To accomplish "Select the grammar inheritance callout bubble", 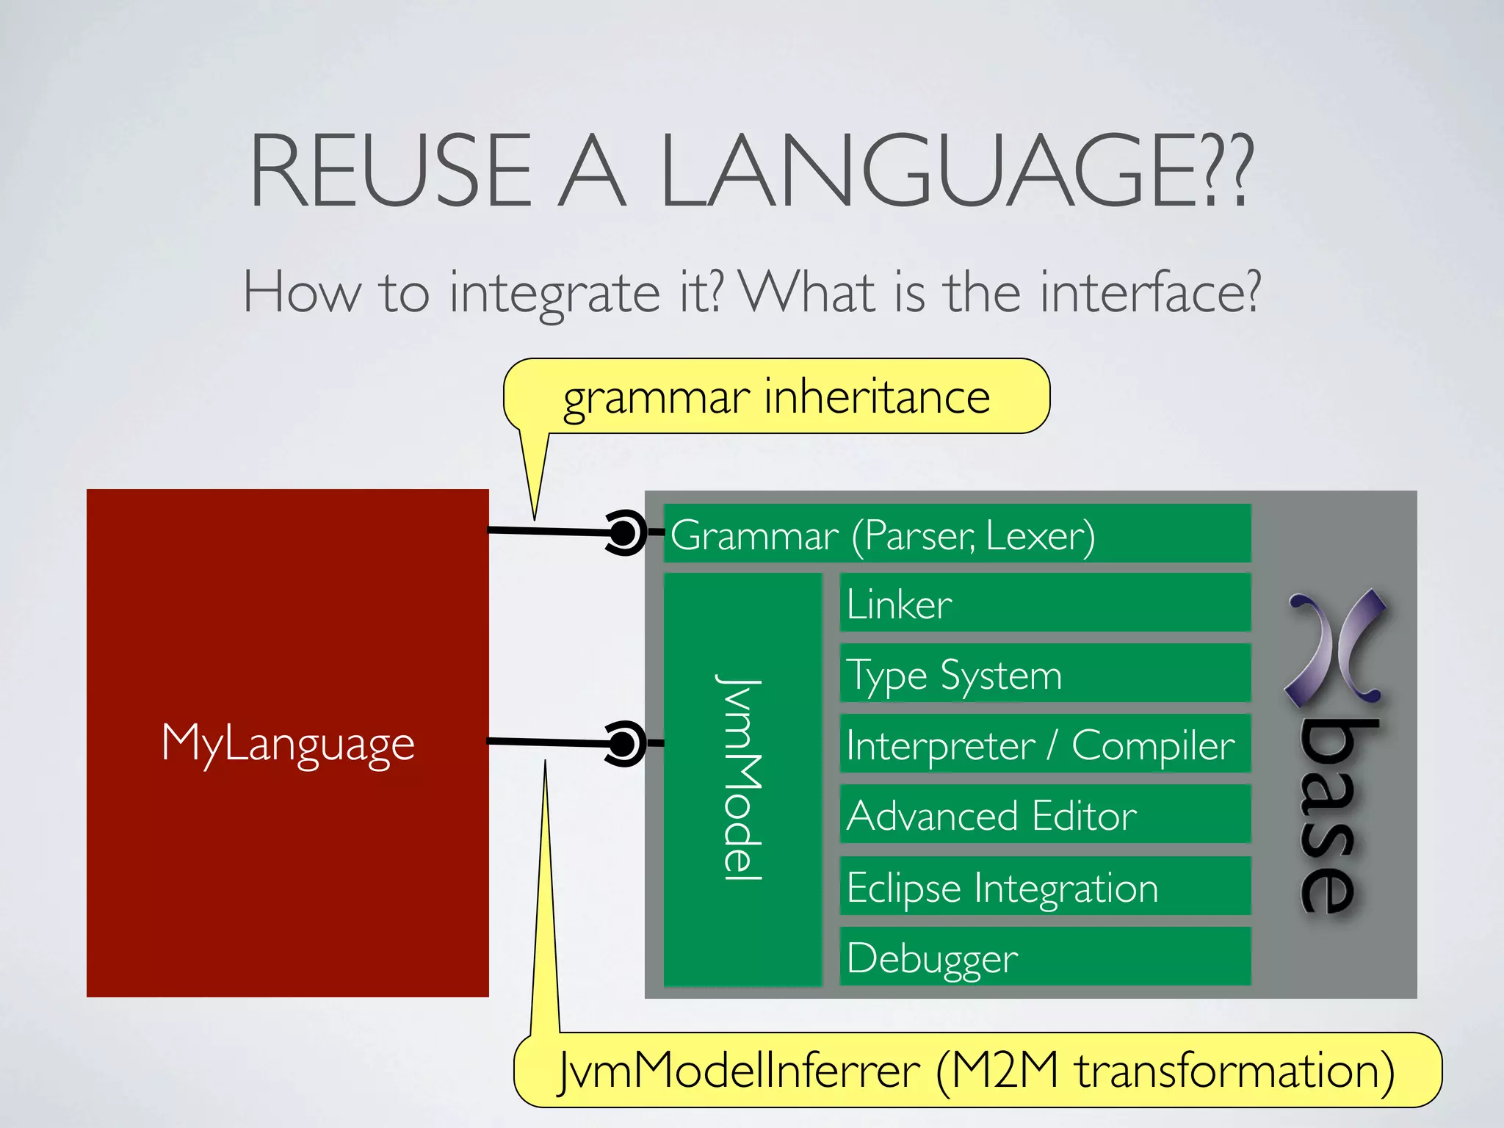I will point(776,397).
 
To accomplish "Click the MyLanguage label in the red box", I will point(288,743).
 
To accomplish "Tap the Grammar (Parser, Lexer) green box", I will point(956,534).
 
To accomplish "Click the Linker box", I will point(1044,604).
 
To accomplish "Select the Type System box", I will point(1044,674).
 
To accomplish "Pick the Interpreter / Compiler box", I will point(1044,745).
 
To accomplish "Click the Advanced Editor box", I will point(1044,815).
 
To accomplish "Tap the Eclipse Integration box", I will point(1044,886).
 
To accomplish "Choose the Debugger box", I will point(1044,957).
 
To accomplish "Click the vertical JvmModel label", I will point(740,778).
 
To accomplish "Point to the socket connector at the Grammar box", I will point(625,532).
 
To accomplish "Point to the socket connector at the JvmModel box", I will point(624,744).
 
